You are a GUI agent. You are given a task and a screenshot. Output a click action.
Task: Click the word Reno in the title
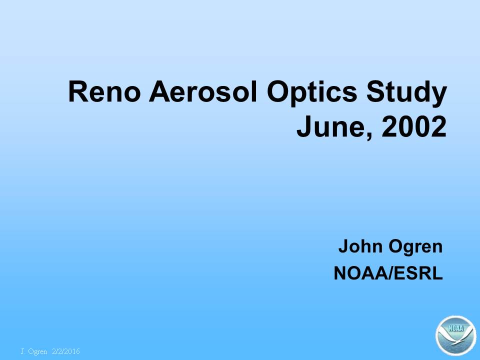pos(104,91)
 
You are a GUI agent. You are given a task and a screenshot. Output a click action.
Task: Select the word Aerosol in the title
pos(203,91)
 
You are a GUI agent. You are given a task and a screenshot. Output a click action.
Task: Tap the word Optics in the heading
pos(312,93)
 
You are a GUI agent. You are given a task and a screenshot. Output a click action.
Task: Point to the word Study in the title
pos(407,93)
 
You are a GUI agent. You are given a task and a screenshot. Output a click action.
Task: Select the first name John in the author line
pos(360,246)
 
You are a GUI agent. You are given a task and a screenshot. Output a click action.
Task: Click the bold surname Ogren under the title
pos(415,247)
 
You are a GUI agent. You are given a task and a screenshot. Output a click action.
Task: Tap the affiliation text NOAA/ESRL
pos(388,273)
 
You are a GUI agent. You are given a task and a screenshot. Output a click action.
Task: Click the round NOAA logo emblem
pos(456,335)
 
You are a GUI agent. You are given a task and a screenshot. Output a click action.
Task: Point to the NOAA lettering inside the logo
pos(456,328)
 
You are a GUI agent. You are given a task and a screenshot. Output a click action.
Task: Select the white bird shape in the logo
pos(455,339)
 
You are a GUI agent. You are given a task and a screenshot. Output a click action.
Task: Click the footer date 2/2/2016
pos(66,351)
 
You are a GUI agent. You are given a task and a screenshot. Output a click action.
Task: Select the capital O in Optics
pos(278,91)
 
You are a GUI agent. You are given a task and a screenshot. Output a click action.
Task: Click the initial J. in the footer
pos(22,351)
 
